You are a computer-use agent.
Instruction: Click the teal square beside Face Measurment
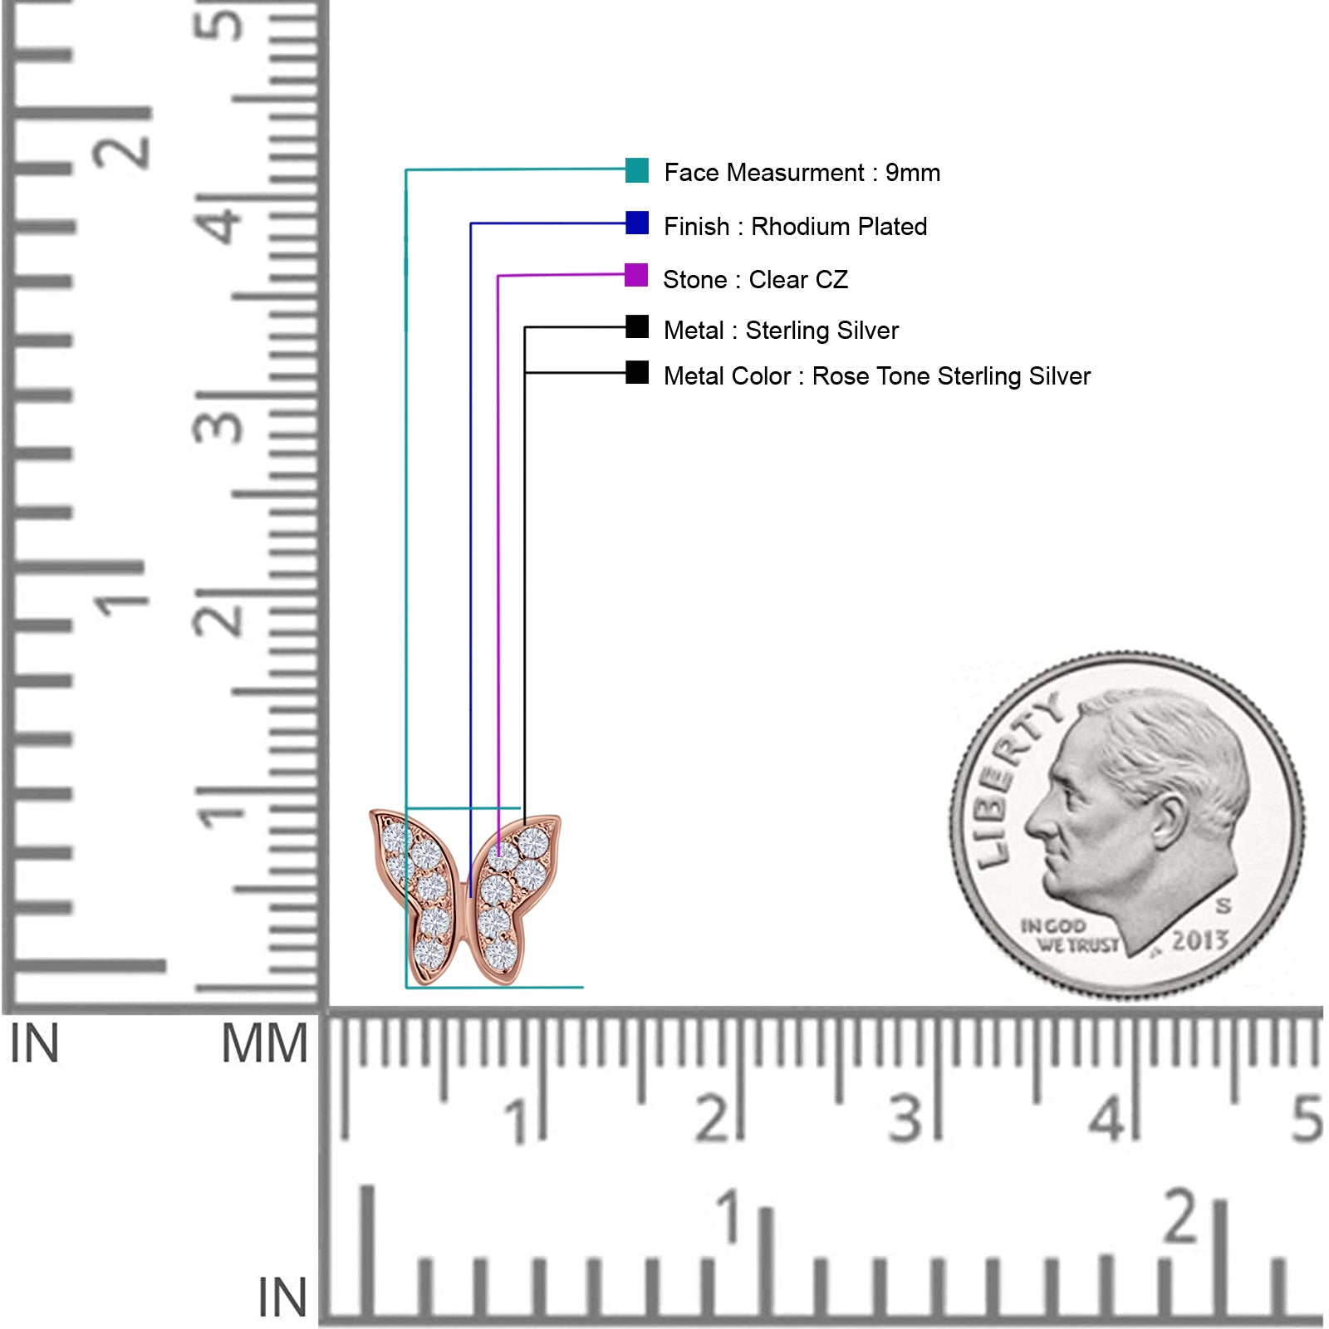point(637,170)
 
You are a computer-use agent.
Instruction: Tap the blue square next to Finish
point(637,223)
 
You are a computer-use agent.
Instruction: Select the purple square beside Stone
point(636,275)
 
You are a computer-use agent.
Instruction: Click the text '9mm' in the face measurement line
point(913,173)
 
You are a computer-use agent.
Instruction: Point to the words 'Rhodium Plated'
point(839,227)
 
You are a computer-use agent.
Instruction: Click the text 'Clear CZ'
point(798,280)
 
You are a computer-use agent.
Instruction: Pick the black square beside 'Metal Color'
point(637,372)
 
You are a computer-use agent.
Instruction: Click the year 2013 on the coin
point(1199,940)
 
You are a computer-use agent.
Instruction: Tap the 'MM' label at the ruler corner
point(264,1044)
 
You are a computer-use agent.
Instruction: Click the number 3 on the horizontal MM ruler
point(905,1119)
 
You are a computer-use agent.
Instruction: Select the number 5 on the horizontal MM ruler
point(1307,1119)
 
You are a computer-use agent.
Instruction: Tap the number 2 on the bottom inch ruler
point(1181,1217)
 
